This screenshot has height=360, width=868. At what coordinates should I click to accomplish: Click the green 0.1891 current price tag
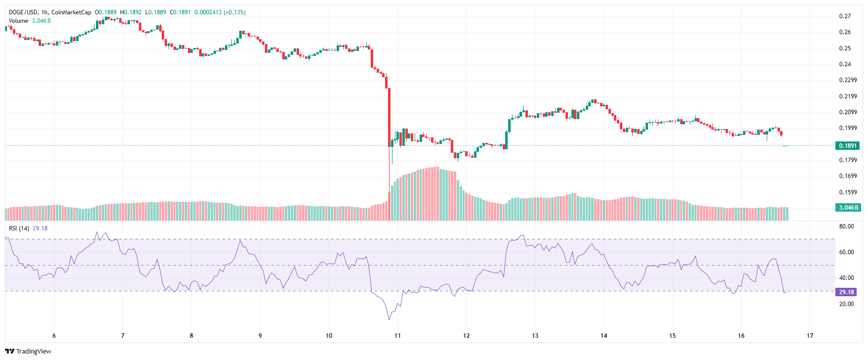(x=848, y=146)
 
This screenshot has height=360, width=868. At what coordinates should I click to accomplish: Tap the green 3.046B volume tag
(x=848, y=208)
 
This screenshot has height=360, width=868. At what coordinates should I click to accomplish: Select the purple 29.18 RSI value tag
(x=846, y=292)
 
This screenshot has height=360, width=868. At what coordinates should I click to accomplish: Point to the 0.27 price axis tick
(x=845, y=16)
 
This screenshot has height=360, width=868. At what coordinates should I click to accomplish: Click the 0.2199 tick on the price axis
(x=848, y=96)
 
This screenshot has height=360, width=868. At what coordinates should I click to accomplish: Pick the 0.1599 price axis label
(x=848, y=192)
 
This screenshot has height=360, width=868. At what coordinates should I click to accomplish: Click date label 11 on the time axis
(x=397, y=336)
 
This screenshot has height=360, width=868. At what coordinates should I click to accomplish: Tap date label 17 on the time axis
(x=810, y=336)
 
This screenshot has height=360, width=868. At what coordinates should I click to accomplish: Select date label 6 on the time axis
(x=54, y=336)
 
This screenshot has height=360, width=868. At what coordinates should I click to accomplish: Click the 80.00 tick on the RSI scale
(x=846, y=226)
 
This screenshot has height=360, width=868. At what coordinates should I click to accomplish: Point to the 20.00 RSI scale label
(x=846, y=304)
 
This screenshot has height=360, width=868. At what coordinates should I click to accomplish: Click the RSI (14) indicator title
(x=19, y=228)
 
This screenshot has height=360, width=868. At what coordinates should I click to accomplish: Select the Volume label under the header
(x=18, y=21)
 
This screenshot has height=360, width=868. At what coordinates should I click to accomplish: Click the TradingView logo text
(x=33, y=352)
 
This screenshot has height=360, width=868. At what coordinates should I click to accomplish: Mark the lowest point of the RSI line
(x=389, y=319)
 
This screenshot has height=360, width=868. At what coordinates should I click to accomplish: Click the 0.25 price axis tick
(x=845, y=48)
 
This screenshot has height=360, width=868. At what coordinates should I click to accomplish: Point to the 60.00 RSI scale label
(x=846, y=252)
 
